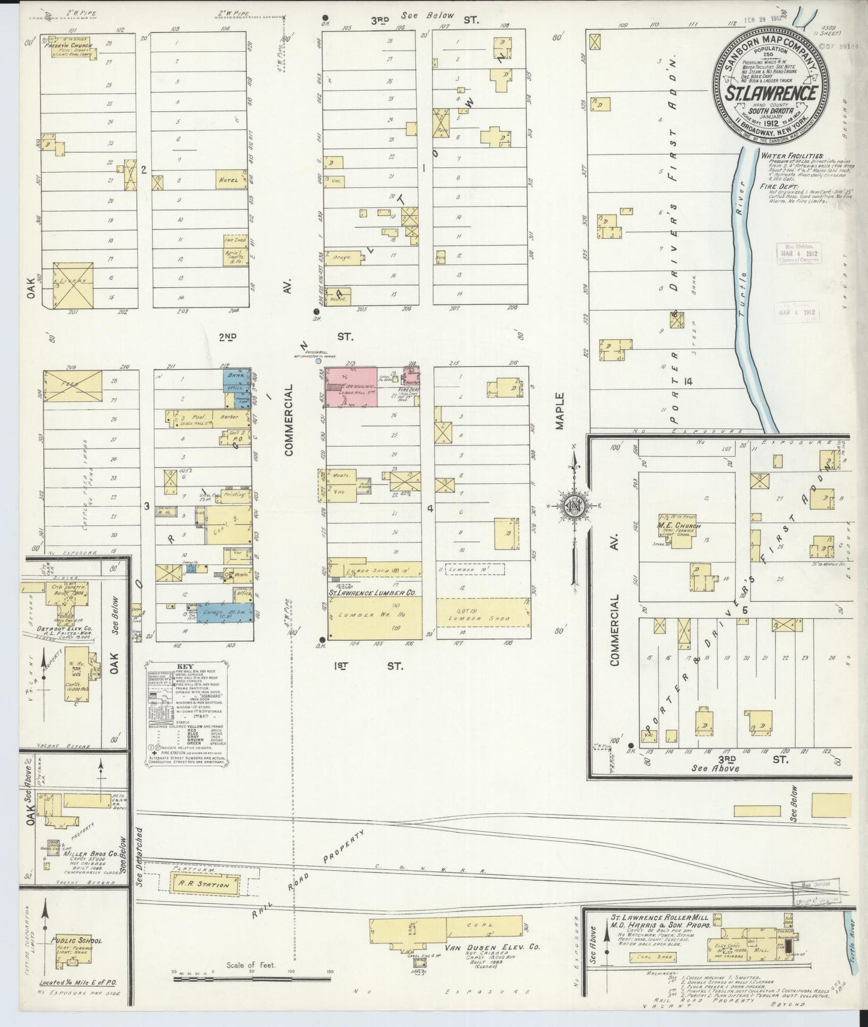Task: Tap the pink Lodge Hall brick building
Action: tap(351, 386)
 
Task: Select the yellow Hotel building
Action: tap(231, 179)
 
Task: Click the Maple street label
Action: tap(560, 411)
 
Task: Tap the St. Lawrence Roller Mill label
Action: tap(661, 918)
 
